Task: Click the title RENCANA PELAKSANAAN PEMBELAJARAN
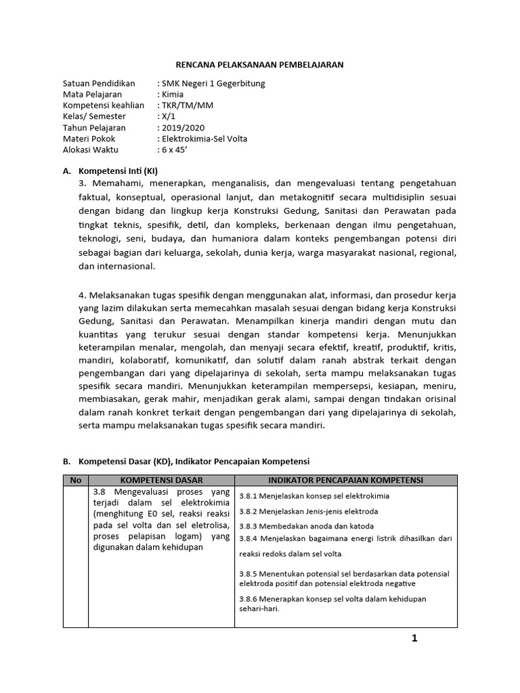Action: [x=260, y=64]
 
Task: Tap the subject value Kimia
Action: [x=169, y=94]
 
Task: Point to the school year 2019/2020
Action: [x=181, y=127]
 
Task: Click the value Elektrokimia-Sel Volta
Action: [x=202, y=139]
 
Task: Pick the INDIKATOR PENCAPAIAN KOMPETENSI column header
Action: [x=345, y=480]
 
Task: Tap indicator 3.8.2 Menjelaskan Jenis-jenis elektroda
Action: [x=308, y=511]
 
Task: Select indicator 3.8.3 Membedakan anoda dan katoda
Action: [x=306, y=526]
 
